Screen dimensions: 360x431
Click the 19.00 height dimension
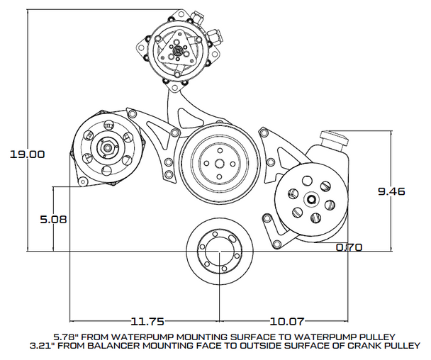point(27,153)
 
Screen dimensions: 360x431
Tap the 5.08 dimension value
point(53,219)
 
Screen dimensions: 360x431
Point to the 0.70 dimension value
point(349,247)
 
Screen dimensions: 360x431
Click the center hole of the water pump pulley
point(220,164)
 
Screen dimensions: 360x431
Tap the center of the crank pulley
point(220,254)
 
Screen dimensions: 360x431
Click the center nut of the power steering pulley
point(310,201)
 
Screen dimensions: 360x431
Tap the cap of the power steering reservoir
point(335,136)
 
